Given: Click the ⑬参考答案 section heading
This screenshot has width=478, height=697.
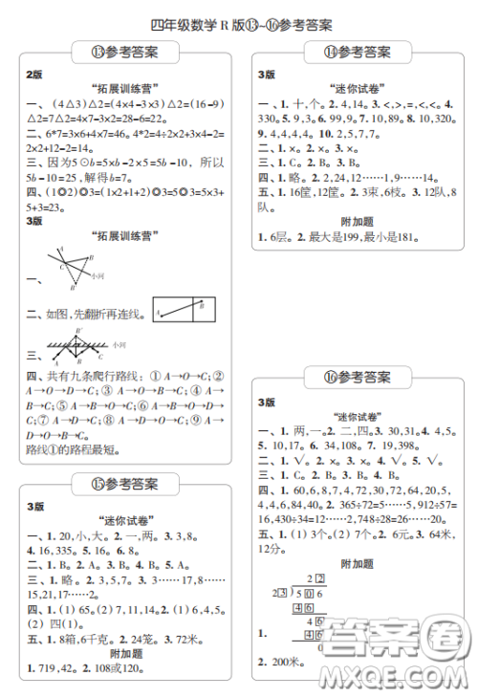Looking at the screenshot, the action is click(125, 51).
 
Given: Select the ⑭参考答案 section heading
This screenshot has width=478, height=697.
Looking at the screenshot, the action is click(358, 52).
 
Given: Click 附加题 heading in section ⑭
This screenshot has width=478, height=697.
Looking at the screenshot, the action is click(358, 221).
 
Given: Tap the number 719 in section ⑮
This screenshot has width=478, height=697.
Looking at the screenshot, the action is click(48, 666).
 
